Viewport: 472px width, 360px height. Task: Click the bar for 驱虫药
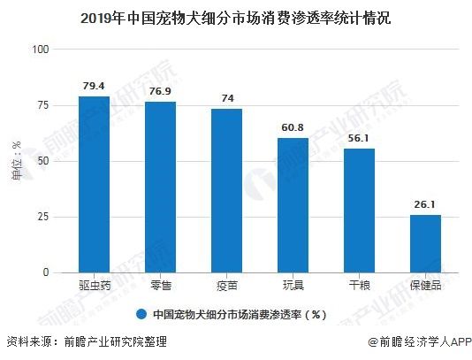pos(94,184)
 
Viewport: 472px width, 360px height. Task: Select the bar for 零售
pos(161,188)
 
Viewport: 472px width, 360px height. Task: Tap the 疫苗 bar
pos(226,191)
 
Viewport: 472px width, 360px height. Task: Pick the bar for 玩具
pos(293,205)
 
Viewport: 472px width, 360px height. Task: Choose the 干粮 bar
pos(359,211)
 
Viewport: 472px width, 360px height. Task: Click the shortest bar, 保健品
pos(425,244)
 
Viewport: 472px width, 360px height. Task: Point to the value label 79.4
pos(94,86)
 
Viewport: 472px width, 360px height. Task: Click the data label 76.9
pos(160,91)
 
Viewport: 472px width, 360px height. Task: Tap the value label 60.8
pos(293,127)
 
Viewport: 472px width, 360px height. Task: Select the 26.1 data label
pos(425,204)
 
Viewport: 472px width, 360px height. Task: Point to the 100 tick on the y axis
pos(41,50)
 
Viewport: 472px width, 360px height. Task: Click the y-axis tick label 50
pos(43,161)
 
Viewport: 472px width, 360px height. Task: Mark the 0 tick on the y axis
pos(46,272)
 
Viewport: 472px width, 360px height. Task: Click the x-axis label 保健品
pos(425,286)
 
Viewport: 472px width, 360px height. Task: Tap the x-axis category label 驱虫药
pos(95,286)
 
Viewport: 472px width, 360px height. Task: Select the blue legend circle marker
pos(141,315)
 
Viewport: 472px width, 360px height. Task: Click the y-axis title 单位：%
pos(17,161)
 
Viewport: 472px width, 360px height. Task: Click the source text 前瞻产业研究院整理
pos(115,342)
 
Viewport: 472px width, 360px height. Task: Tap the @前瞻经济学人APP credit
pos(420,342)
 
